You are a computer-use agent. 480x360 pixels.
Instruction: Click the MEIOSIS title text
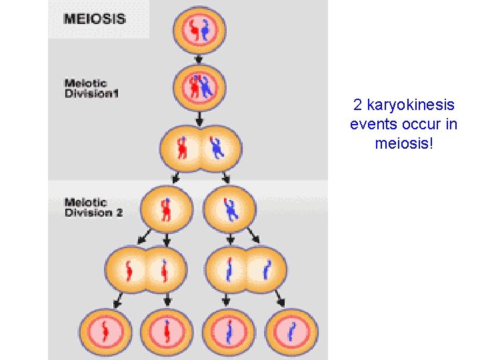point(94,18)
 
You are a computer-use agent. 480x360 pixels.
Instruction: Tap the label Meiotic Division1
point(91,89)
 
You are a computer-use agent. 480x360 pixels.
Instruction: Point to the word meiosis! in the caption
point(404,143)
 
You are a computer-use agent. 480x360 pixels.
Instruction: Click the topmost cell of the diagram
point(199,30)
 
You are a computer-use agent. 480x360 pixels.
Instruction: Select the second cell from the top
point(199,86)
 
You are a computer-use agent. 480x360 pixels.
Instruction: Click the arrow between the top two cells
point(199,59)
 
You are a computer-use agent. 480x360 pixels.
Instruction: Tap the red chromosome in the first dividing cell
point(182,148)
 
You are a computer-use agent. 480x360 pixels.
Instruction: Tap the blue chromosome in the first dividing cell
point(217,148)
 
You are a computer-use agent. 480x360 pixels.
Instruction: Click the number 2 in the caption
point(358,105)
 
